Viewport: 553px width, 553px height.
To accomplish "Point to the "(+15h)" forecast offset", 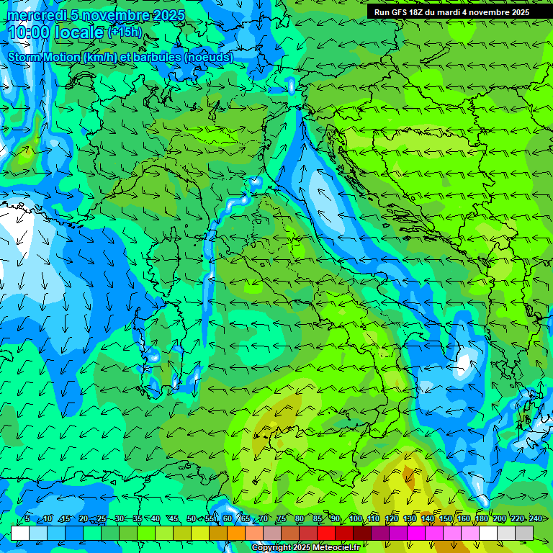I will pyautogui.click(x=125, y=32).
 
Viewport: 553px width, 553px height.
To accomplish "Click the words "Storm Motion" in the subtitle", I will pyautogui.click(x=45, y=57).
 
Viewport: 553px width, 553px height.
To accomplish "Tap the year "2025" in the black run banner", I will pyautogui.click(x=518, y=12).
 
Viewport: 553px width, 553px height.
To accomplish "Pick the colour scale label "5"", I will pyautogui.click(x=27, y=518).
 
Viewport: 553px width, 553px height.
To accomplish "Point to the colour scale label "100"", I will pyautogui.click(x=355, y=518).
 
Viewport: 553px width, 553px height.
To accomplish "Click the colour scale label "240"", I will pyautogui.click(x=536, y=518).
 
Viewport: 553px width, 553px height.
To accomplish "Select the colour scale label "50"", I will pyautogui.click(x=192, y=518).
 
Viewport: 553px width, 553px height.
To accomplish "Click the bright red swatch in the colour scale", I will pyautogui.click(x=326, y=532).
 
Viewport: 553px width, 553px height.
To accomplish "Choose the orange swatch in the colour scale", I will pyautogui.click(x=236, y=532).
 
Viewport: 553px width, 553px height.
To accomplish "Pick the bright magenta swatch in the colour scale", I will pyautogui.click(x=416, y=532).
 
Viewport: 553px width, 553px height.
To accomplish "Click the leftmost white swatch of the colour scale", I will pyautogui.click(x=20, y=532).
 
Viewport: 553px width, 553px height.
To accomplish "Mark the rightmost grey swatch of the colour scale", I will pyautogui.click(x=524, y=532).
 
